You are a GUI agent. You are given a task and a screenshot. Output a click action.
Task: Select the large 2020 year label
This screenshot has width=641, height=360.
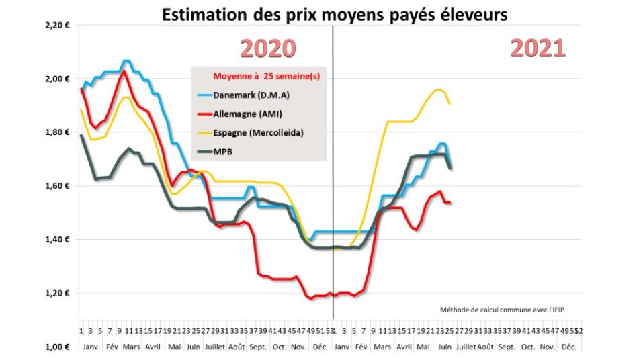point(268,48)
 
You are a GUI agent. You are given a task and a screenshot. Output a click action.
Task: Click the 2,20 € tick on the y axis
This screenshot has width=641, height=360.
point(57,25)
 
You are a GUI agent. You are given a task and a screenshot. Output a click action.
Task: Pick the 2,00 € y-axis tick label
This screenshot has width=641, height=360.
point(57,79)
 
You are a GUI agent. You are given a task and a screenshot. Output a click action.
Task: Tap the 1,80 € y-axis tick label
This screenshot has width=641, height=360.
point(57,132)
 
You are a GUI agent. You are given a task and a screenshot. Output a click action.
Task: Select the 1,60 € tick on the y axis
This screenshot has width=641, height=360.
point(57,186)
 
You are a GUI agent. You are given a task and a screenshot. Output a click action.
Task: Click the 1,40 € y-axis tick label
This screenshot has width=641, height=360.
point(57,240)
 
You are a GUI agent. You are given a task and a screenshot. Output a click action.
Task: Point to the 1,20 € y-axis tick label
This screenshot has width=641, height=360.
point(57,294)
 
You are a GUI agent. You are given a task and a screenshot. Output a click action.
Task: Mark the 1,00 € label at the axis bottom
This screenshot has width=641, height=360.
point(57,347)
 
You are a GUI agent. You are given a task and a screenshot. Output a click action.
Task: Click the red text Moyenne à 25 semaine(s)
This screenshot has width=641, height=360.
point(266,77)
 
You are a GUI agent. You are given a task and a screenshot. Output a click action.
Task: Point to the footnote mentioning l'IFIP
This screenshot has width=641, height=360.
point(501,310)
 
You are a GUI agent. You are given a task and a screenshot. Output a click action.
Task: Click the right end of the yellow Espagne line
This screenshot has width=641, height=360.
point(450,104)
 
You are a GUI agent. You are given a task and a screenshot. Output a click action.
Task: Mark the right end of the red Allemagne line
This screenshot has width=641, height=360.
point(450,202)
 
